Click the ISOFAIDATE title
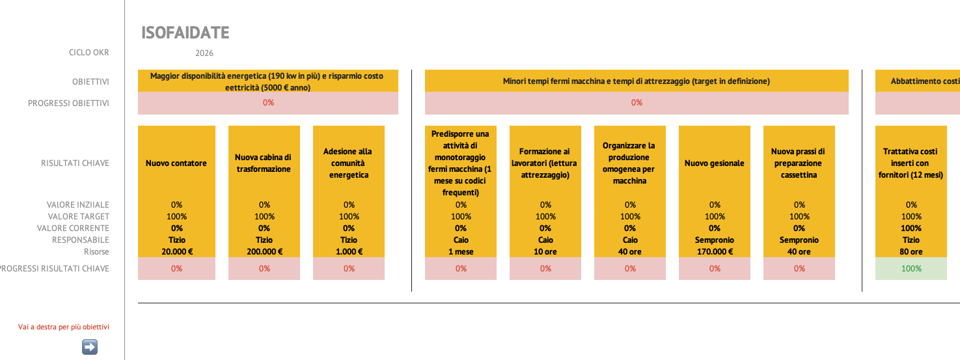[185, 33]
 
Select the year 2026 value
[204, 53]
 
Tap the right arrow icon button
[90, 347]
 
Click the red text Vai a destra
[63, 327]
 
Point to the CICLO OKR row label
[89, 53]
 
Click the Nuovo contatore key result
[176, 163]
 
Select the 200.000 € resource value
[264, 252]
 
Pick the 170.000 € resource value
[715, 252]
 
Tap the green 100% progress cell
[911, 268]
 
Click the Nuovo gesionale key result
[715, 163]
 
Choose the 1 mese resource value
[461, 252]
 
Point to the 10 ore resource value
[545, 252]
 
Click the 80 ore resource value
[911, 252]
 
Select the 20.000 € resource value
[176, 252]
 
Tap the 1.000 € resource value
[349, 252]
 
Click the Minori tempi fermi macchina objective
[637, 81]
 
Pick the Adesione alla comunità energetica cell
[349, 163]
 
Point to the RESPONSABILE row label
[81, 240]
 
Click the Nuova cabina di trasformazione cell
[264, 163]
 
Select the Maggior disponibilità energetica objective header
[267, 81]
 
